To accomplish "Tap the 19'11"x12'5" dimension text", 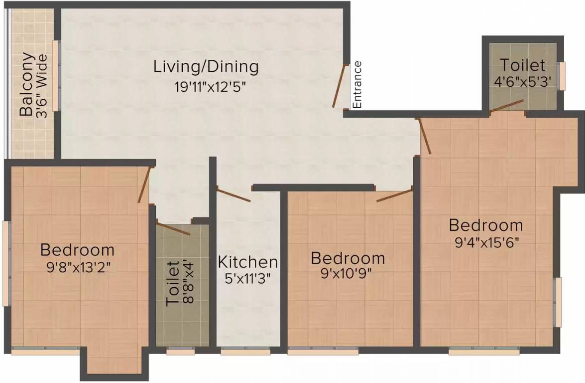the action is [211, 87].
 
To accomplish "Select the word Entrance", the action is [357, 85].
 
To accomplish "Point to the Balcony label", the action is [26, 84].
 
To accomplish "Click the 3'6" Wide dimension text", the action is [42, 86].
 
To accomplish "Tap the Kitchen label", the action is [248, 262].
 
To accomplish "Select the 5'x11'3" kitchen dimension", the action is [247, 278].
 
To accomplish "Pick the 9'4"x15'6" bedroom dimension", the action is [487, 243].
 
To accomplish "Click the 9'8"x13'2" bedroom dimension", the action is [78, 267].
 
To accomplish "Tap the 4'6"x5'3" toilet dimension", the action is [523, 81].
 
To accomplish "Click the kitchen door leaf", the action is [234, 195].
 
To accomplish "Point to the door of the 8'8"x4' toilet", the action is [173, 229].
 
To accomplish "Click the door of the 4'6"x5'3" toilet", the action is [506, 106].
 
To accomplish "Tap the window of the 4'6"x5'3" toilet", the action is [562, 76].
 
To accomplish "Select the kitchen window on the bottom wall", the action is [245, 351].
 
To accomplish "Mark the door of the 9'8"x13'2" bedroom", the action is [144, 185].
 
